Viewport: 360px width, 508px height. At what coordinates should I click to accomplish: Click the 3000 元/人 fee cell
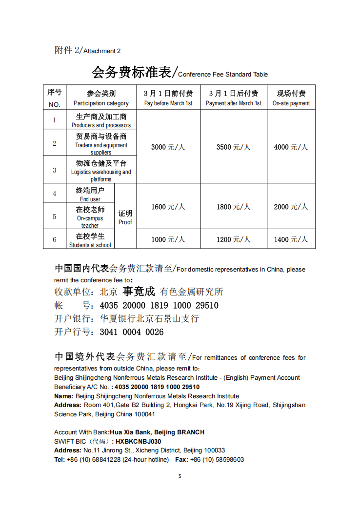pyautogui.click(x=168, y=147)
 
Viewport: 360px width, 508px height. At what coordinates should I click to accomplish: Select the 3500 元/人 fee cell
pyautogui.click(x=234, y=147)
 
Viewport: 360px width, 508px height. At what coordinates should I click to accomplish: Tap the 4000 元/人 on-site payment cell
pyautogui.click(x=291, y=147)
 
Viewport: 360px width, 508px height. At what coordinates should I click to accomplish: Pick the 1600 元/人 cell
pyautogui.click(x=168, y=207)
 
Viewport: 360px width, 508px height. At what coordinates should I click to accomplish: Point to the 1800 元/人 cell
pyautogui.click(x=234, y=207)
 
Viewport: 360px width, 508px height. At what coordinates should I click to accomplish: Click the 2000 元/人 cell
pyautogui.click(x=291, y=207)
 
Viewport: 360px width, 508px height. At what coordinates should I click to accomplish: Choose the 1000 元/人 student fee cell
pyautogui.click(x=168, y=239)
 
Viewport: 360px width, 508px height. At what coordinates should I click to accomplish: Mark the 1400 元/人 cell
pyautogui.click(x=291, y=239)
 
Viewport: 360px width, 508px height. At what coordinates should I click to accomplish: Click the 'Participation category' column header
pyautogui.click(x=101, y=98)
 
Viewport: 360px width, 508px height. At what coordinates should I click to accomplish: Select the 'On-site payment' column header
pyautogui.click(x=291, y=98)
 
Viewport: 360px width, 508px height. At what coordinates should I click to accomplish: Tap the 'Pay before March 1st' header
pyautogui.click(x=168, y=98)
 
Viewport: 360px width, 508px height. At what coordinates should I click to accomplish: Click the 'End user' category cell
pyautogui.click(x=90, y=194)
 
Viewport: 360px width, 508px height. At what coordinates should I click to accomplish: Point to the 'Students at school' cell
pyautogui.click(x=90, y=240)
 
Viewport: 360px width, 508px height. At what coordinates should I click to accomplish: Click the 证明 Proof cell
pyautogui.click(x=125, y=217)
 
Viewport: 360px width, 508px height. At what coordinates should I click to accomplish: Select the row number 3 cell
pyautogui.click(x=55, y=170)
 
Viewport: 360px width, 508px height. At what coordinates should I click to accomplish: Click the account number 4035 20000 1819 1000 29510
pyautogui.click(x=159, y=306)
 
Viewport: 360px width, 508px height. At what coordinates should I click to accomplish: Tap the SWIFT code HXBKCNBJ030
pyautogui.click(x=138, y=441)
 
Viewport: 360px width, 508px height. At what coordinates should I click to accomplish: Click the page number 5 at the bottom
pyautogui.click(x=180, y=476)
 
